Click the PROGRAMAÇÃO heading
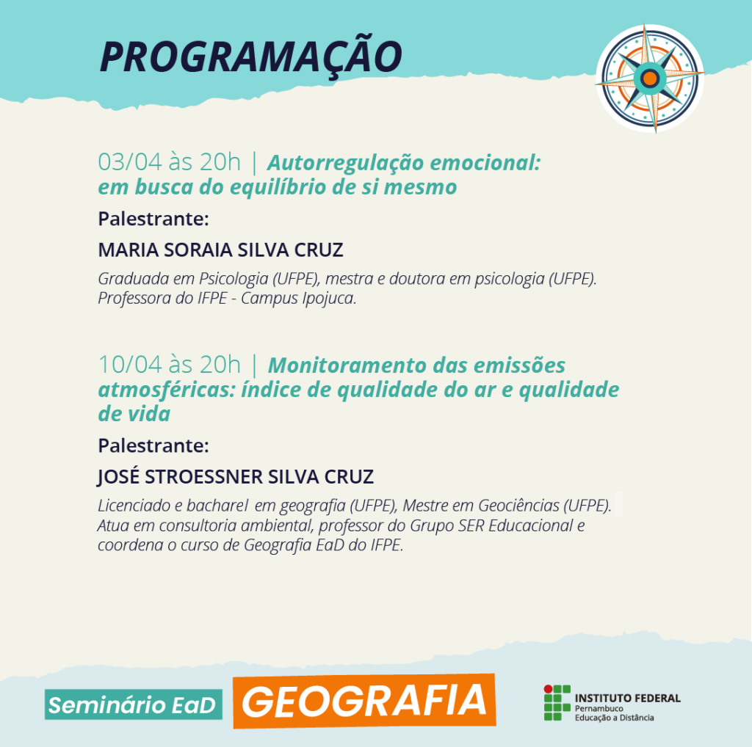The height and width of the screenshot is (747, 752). click(250, 57)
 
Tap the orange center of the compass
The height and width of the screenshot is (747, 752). click(650, 78)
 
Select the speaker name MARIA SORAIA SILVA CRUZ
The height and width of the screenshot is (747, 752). click(220, 249)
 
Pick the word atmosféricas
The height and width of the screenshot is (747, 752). click(167, 390)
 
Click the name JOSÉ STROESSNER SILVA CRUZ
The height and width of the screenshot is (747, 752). click(236, 477)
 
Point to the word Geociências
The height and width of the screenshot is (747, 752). click(518, 506)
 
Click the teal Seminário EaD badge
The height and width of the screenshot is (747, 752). click(134, 705)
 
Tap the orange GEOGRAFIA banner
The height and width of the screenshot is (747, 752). click(364, 701)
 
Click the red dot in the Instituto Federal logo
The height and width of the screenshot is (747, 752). click(548, 689)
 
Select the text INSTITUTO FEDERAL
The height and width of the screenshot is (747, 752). click(627, 698)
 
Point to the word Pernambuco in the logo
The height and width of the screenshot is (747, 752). click(599, 709)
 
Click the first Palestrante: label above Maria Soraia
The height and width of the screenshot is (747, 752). click(153, 219)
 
